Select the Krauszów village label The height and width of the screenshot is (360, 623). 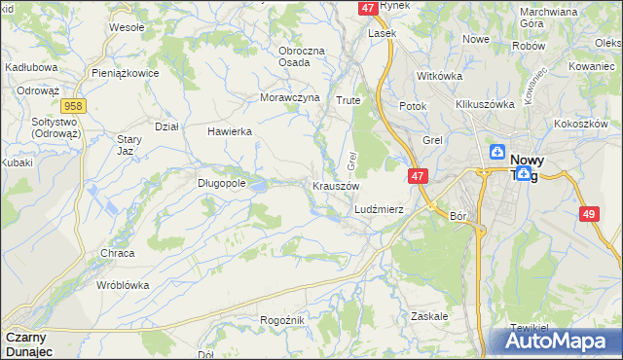click(x=336, y=185)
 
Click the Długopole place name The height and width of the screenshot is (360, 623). click(x=221, y=182)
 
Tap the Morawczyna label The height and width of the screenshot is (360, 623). click(x=290, y=97)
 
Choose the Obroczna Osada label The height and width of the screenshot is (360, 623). click(x=294, y=55)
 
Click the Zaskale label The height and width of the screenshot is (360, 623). click(x=429, y=316)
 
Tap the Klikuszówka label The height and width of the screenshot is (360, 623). click(x=484, y=103)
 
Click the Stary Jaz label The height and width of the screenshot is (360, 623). click(x=130, y=146)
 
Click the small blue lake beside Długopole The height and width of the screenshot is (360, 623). click(x=260, y=182)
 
